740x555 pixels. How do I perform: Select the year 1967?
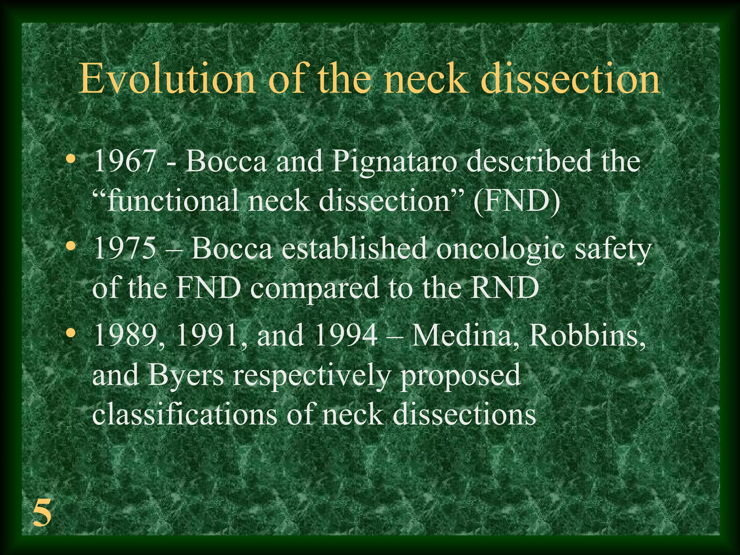pyautogui.click(x=125, y=161)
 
